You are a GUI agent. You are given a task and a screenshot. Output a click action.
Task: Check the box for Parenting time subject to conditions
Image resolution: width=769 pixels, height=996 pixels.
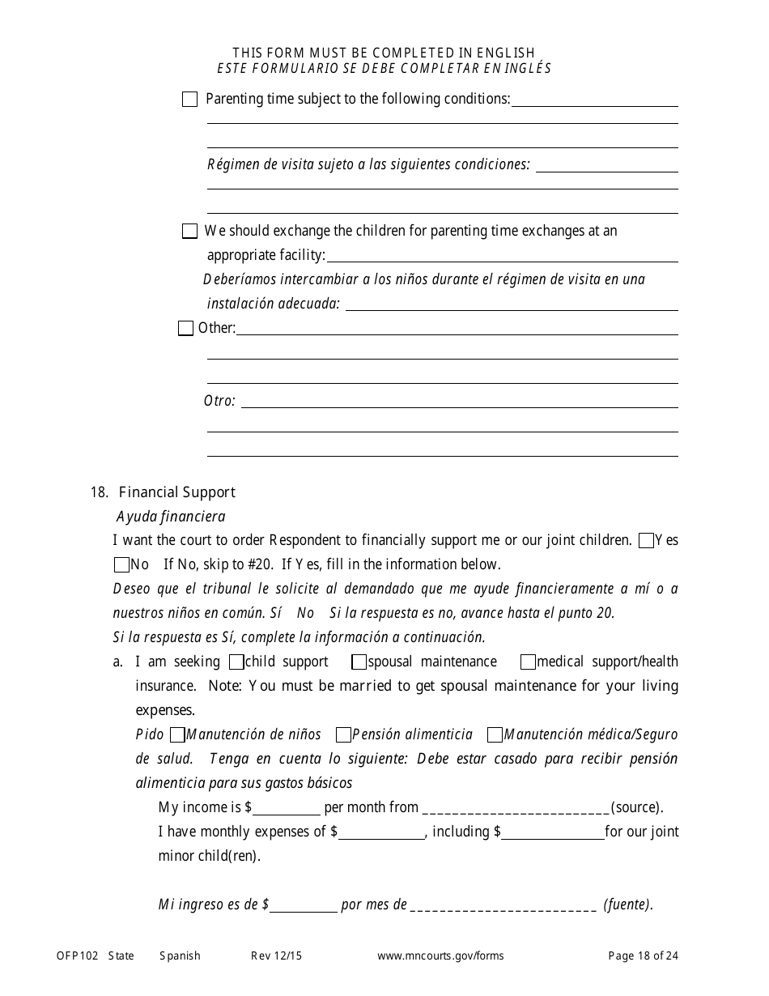pyautogui.click(x=189, y=100)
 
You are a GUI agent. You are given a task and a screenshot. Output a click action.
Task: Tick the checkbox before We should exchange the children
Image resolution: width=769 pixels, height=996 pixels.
pyautogui.click(x=189, y=232)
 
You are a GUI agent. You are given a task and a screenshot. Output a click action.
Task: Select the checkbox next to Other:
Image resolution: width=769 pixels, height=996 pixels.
pyautogui.click(x=185, y=329)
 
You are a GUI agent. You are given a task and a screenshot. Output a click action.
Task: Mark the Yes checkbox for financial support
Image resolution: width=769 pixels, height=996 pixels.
pyautogui.click(x=646, y=541)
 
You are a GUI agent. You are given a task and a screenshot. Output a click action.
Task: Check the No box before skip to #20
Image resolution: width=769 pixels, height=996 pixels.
pyautogui.click(x=121, y=565)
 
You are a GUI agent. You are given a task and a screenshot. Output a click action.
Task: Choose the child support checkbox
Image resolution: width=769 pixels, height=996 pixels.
pyautogui.click(x=236, y=662)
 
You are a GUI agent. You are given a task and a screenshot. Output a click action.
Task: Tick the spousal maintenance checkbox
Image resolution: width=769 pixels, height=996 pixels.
pyautogui.click(x=359, y=662)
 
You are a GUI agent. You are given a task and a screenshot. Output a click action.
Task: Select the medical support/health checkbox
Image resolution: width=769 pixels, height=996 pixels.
pyautogui.click(x=528, y=662)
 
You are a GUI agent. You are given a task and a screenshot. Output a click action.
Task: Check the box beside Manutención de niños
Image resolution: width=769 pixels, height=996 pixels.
pyautogui.click(x=177, y=735)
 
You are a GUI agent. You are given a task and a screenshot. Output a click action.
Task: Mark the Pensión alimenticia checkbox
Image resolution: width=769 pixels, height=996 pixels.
pyautogui.click(x=343, y=735)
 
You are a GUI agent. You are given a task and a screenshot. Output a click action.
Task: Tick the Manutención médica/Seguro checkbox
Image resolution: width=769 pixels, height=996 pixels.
pyautogui.click(x=495, y=735)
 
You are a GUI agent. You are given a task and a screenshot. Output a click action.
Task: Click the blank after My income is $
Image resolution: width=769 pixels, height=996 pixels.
pyautogui.click(x=287, y=808)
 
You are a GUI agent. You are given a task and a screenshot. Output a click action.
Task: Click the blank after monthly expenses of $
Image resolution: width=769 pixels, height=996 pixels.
pyautogui.click(x=382, y=832)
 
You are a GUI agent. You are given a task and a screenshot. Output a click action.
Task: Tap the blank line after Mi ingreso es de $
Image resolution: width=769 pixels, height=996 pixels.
pyautogui.click(x=304, y=905)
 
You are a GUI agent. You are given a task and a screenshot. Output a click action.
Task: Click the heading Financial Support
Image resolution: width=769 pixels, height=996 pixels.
pyautogui.click(x=176, y=492)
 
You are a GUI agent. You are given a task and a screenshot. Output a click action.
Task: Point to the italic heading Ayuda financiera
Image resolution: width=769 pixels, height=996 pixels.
pyautogui.click(x=171, y=517)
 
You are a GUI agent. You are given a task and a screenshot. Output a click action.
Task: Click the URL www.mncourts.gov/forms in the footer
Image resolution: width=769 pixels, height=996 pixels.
pyautogui.click(x=440, y=956)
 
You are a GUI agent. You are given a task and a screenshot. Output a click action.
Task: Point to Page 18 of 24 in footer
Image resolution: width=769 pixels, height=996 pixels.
pyautogui.click(x=644, y=956)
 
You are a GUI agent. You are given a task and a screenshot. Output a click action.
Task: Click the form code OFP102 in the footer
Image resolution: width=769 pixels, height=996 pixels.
pyautogui.click(x=77, y=956)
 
